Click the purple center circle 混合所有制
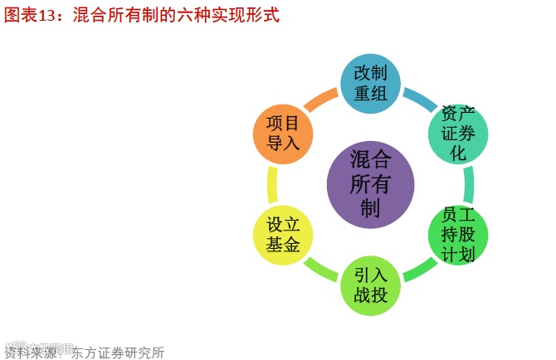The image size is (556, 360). pyautogui.click(x=370, y=183)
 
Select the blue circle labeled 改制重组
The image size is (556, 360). pyautogui.click(x=371, y=83)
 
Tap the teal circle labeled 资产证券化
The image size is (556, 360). pyautogui.click(x=458, y=133)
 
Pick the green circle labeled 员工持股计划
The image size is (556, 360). pyautogui.click(x=458, y=235)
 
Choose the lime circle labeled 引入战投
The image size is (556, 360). pyautogui.click(x=371, y=285)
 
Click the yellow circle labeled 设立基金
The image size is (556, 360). pyautogui.click(x=283, y=235)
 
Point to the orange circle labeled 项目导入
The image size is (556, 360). pyautogui.click(x=283, y=133)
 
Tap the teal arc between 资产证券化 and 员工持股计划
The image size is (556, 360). pyautogui.click(x=470, y=184)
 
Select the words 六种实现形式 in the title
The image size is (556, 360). pyautogui.click(x=236, y=15)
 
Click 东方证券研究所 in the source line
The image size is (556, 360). pyautogui.click(x=118, y=352)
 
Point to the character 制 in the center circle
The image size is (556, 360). pyautogui.click(x=370, y=207)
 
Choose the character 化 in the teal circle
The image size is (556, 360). pyautogui.click(x=458, y=153)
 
